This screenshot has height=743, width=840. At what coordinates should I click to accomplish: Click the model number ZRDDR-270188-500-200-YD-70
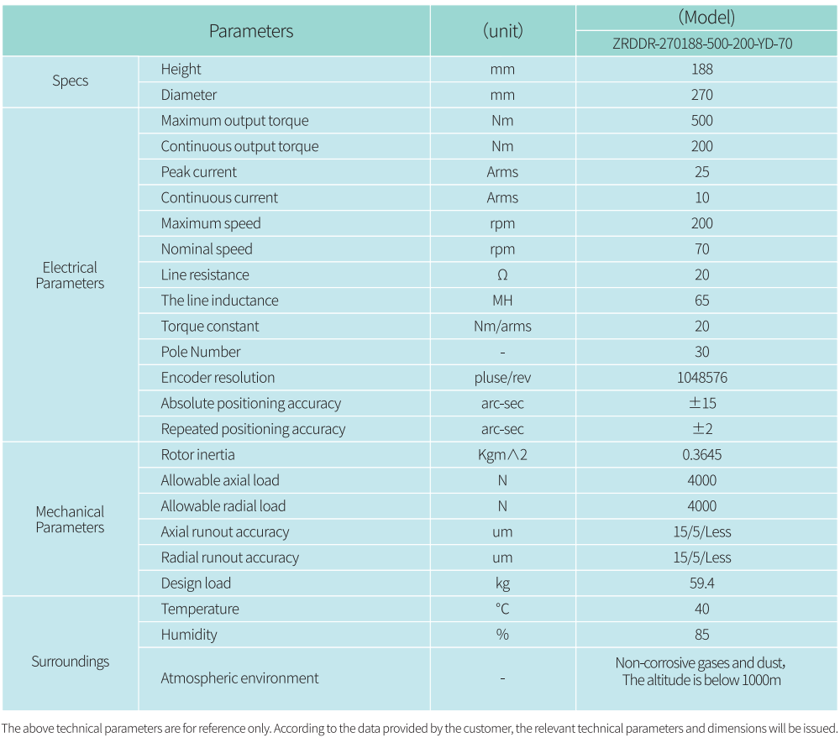(x=702, y=44)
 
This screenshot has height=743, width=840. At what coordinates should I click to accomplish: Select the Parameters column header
(x=251, y=31)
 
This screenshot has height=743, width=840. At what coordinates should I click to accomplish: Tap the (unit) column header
(x=502, y=31)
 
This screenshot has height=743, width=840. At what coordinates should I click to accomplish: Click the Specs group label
(x=70, y=81)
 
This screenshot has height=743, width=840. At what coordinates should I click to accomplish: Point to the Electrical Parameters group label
(x=70, y=275)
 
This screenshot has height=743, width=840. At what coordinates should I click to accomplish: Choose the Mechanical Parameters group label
(x=70, y=519)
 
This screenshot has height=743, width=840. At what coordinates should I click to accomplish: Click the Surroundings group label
(x=70, y=662)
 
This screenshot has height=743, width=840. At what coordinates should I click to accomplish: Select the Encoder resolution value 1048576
(x=702, y=378)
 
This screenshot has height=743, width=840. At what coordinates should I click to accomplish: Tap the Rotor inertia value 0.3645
(x=702, y=455)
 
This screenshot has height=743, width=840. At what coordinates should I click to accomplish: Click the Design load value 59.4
(x=702, y=583)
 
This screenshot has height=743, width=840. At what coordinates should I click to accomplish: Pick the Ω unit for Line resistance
(x=502, y=275)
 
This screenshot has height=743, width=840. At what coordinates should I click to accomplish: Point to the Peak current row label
(x=199, y=172)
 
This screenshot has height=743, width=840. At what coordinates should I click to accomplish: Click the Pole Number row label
(x=201, y=352)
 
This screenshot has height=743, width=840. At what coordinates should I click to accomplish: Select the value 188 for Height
(x=702, y=70)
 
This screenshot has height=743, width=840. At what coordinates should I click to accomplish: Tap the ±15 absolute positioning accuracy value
(x=702, y=403)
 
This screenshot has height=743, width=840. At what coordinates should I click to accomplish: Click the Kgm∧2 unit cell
(x=502, y=455)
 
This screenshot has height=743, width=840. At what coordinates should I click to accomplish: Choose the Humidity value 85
(x=702, y=635)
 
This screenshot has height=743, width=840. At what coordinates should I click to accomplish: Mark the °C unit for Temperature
(x=502, y=609)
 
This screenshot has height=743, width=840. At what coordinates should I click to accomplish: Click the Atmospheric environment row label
(x=239, y=678)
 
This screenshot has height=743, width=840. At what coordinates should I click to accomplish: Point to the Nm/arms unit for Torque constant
(x=502, y=327)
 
